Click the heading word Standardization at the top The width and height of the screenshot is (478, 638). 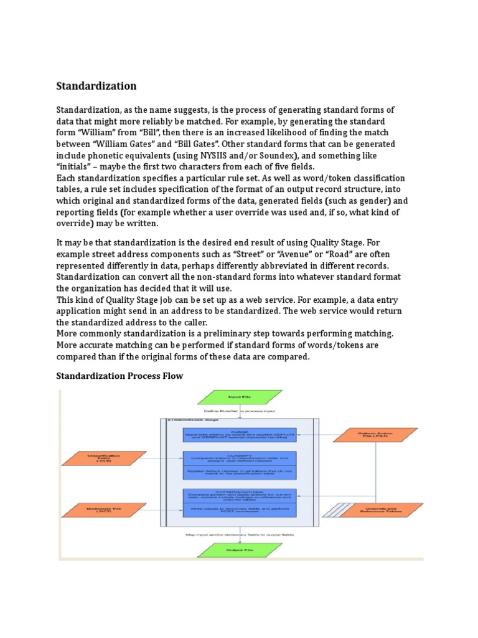point(96,86)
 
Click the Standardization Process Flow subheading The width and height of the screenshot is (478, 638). point(119,376)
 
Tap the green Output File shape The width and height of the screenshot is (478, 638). point(239,550)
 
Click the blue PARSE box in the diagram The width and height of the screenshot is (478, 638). point(240,434)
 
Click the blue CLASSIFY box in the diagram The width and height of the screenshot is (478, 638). point(240,459)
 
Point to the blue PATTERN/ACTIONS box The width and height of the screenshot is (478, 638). point(240,497)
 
